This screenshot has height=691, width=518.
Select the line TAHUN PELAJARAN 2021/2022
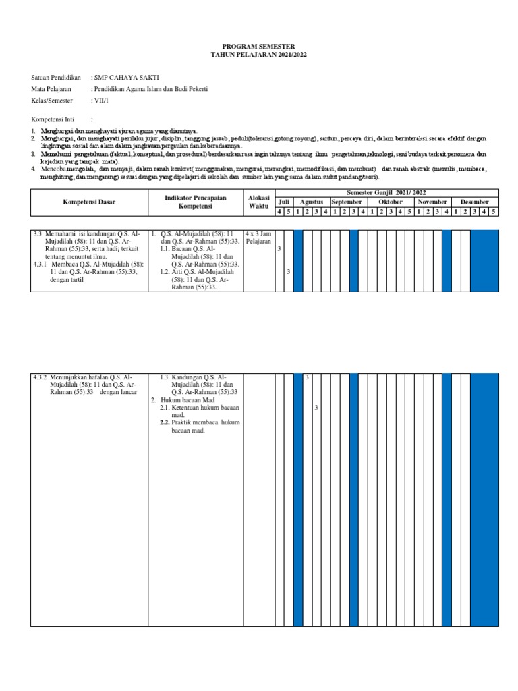click(258, 53)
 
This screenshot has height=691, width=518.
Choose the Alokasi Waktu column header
click(258, 201)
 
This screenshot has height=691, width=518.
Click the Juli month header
click(284, 202)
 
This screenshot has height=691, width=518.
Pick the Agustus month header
click(312, 202)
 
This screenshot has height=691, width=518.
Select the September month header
click(347, 202)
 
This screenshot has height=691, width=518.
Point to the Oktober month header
click(390, 202)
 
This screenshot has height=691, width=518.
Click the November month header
click(432, 202)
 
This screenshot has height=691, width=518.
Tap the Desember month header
click(475, 202)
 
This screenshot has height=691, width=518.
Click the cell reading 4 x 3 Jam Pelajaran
click(258, 237)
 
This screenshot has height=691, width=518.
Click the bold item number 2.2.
click(164, 422)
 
